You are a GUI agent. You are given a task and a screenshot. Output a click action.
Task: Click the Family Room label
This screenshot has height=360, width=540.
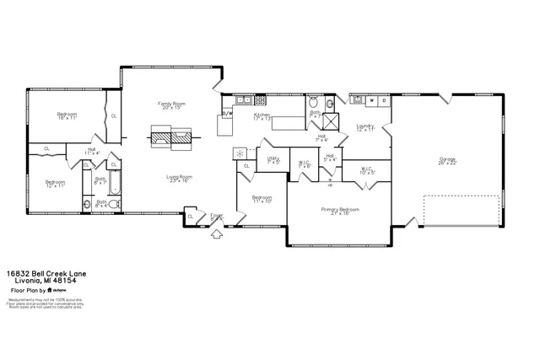pyautogui.click(x=172, y=105)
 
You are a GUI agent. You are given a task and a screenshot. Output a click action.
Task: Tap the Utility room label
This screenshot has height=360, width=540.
pyautogui.click(x=273, y=159)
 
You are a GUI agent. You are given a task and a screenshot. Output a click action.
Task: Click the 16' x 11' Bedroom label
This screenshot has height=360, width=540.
pyautogui.click(x=67, y=116)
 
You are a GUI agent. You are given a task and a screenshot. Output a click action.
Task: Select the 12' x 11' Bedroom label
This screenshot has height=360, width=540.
pyautogui.click(x=55, y=183)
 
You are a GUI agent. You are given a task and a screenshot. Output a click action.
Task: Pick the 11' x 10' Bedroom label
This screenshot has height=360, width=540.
pyautogui.click(x=262, y=200)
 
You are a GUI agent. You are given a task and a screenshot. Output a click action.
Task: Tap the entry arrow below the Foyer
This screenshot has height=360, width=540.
pyautogui.click(x=216, y=235)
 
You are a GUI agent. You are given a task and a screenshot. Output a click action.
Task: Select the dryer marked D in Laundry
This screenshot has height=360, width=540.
pyautogui.click(x=384, y=100)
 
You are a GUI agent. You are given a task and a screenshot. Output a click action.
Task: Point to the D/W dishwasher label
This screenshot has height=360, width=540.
pyautogui.click(x=227, y=112)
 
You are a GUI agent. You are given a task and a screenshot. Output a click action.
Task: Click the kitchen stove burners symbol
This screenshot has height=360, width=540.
pyautogui.click(x=240, y=153)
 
